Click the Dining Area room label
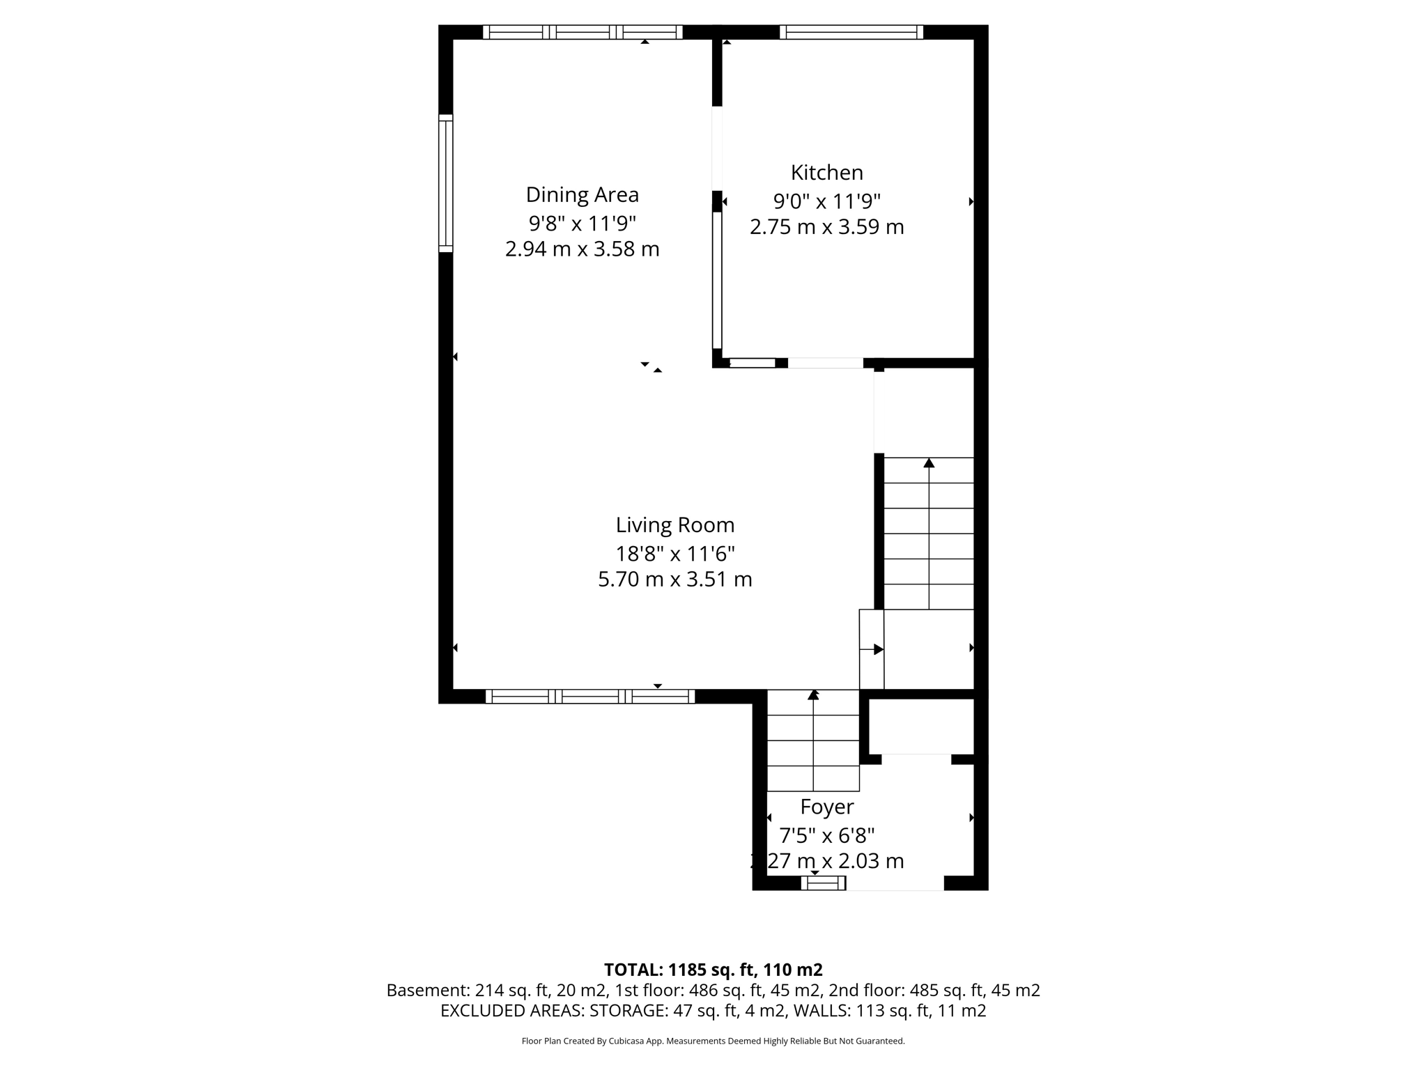click(x=582, y=194)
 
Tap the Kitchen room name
click(x=826, y=172)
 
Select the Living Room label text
click(x=674, y=525)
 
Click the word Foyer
click(x=826, y=807)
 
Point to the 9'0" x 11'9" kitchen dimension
click(x=826, y=201)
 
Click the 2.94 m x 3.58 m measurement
click(x=582, y=249)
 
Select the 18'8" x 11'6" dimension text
click(x=674, y=554)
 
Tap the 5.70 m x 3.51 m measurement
click(x=674, y=580)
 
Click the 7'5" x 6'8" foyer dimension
click(x=826, y=835)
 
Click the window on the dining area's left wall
click(x=445, y=183)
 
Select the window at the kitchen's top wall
click(x=851, y=32)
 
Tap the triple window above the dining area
click(x=583, y=32)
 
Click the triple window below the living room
click(x=589, y=696)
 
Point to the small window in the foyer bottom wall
click(x=823, y=883)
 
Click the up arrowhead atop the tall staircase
click(x=929, y=463)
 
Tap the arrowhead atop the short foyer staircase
click(x=813, y=695)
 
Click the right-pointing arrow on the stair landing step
click(x=878, y=649)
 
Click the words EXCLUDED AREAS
click(x=512, y=1011)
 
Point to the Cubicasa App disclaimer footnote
click(x=713, y=1041)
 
